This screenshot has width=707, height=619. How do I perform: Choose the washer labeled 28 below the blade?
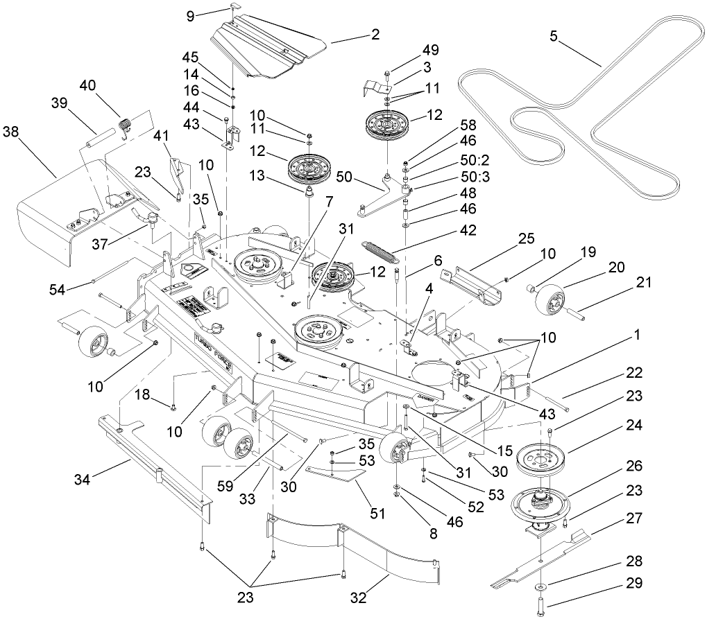539,589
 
